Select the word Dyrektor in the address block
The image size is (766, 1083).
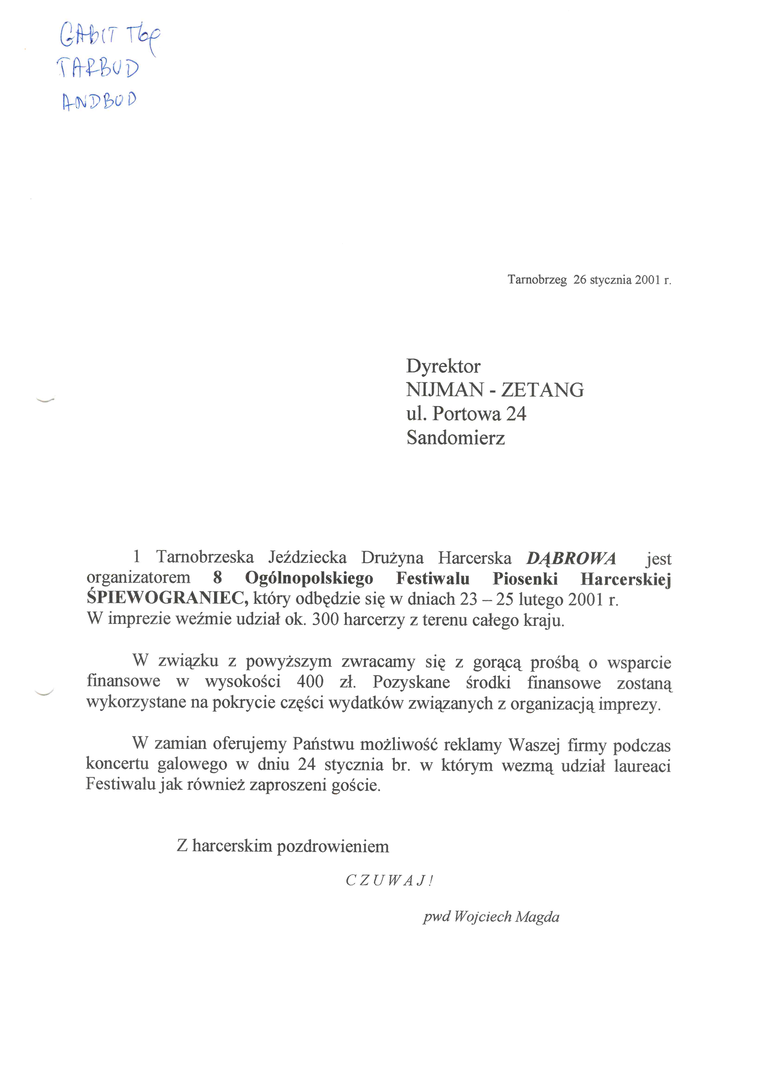tap(443, 366)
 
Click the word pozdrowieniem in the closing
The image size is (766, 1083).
tap(333, 846)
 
